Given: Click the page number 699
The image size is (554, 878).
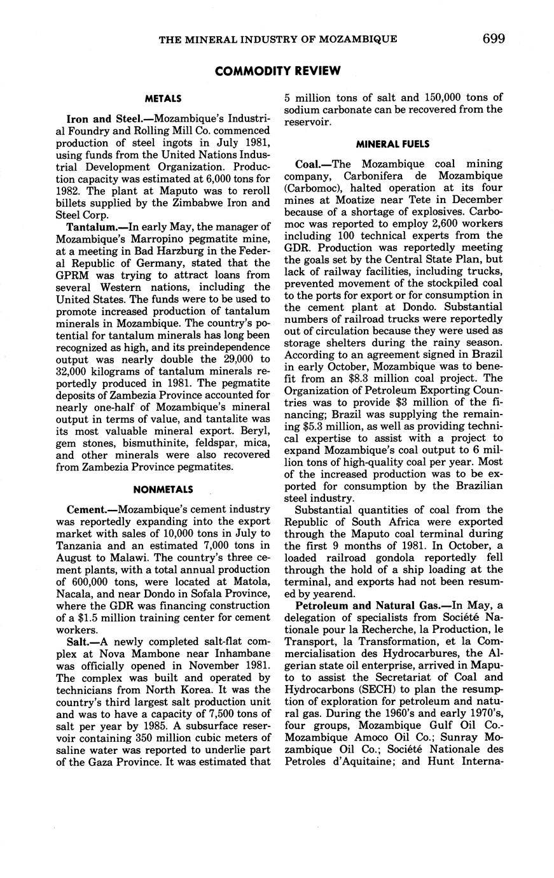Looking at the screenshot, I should (494, 39).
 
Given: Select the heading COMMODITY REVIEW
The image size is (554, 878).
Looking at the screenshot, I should (278, 71).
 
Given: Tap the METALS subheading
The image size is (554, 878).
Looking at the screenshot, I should (163, 99).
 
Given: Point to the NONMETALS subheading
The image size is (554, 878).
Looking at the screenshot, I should (163, 490).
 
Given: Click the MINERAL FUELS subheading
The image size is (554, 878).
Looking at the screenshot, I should (392, 144).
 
